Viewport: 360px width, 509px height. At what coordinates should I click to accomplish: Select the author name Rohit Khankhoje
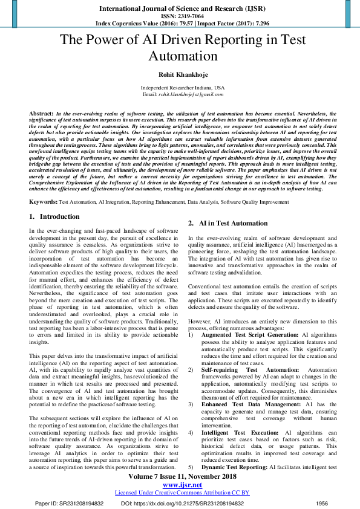coord(179,75)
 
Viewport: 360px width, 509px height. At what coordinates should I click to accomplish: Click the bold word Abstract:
coord(41,114)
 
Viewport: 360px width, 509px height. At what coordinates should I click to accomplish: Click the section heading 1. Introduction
coord(54,216)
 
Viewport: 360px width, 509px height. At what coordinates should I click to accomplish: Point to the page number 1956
coord(322,503)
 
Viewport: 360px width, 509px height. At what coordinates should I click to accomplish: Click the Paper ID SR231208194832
coord(70,503)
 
